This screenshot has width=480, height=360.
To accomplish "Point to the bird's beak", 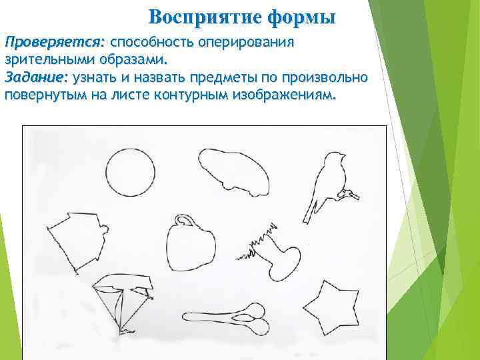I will (343, 155).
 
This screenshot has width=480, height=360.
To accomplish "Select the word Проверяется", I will (54, 42).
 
